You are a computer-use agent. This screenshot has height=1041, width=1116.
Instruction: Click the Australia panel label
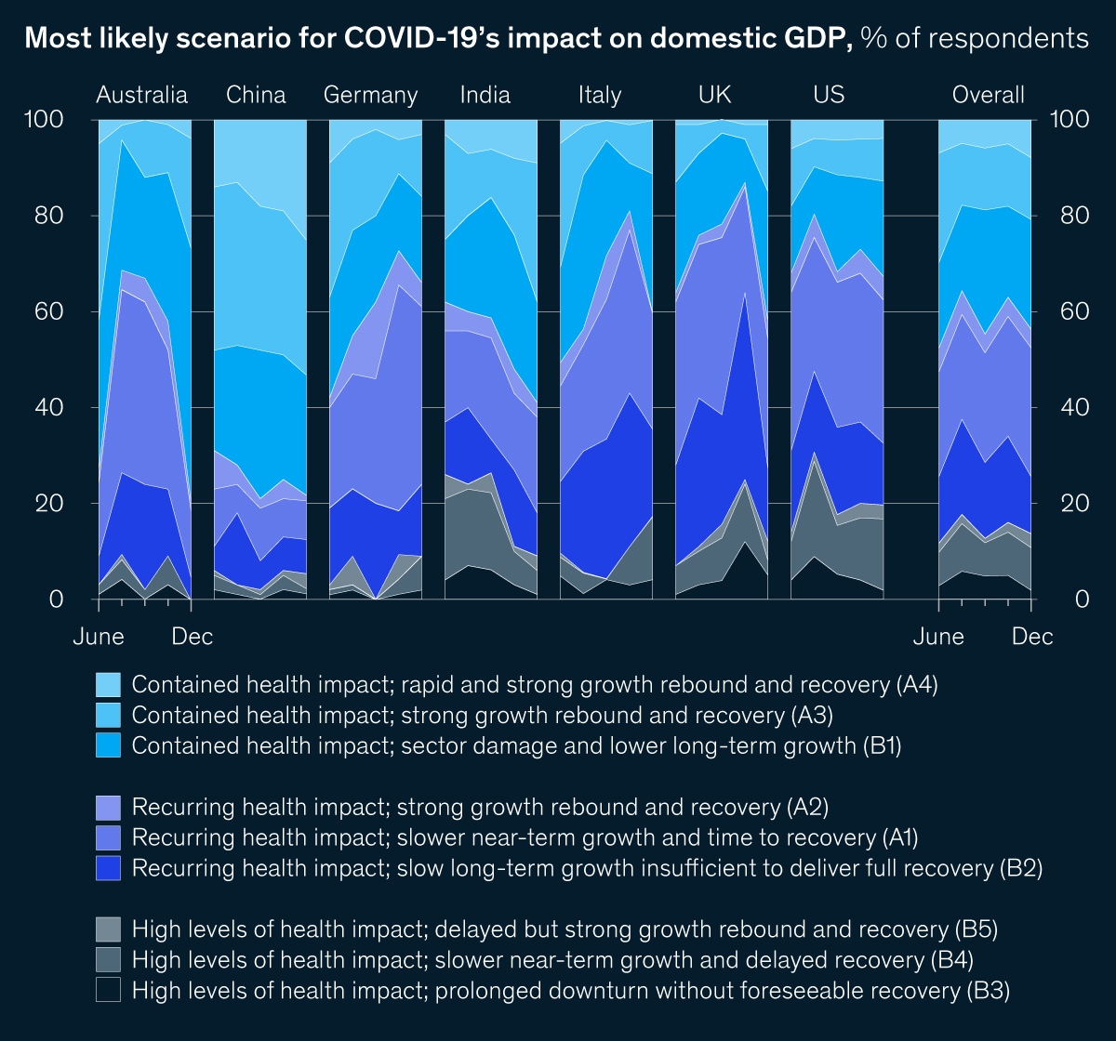[142, 95]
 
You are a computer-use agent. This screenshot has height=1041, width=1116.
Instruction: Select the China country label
[256, 95]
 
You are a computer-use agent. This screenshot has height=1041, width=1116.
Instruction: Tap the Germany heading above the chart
[370, 95]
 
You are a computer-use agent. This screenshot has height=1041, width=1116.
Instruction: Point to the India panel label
[485, 95]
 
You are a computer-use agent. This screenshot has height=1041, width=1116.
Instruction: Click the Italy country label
[599, 95]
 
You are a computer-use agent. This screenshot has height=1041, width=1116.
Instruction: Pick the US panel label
[828, 95]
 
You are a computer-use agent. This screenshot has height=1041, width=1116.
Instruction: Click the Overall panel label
[988, 95]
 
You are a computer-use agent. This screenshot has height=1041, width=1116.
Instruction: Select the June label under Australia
[99, 637]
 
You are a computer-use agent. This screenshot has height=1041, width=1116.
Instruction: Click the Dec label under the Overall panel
[1032, 637]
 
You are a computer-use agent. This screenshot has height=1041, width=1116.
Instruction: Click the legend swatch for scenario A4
[109, 685]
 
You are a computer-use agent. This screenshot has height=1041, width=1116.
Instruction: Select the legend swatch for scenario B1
[109, 745]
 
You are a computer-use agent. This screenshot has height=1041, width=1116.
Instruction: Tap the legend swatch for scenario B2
[109, 867]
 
